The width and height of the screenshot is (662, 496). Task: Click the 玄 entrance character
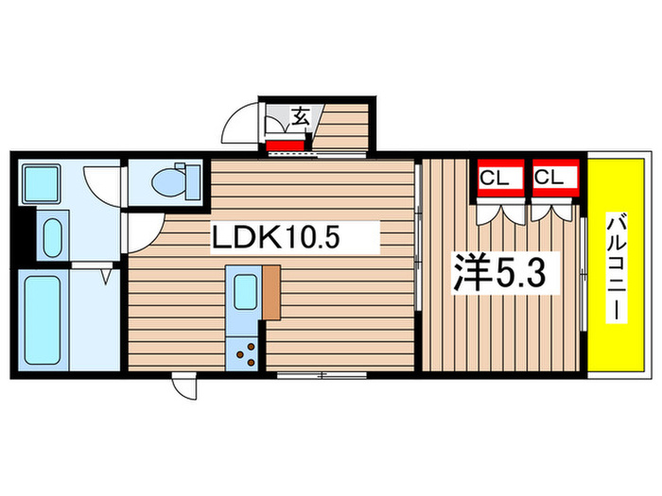[x=300, y=118]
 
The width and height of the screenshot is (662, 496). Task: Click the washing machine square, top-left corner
[x=41, y=181]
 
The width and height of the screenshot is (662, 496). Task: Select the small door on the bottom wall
[x=183, y=385]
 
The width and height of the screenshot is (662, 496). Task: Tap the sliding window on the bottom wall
[x=322, y=375]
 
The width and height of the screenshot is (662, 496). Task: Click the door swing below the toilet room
[x=145, y=228]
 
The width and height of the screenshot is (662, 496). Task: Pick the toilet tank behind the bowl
[x=190, y=179]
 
